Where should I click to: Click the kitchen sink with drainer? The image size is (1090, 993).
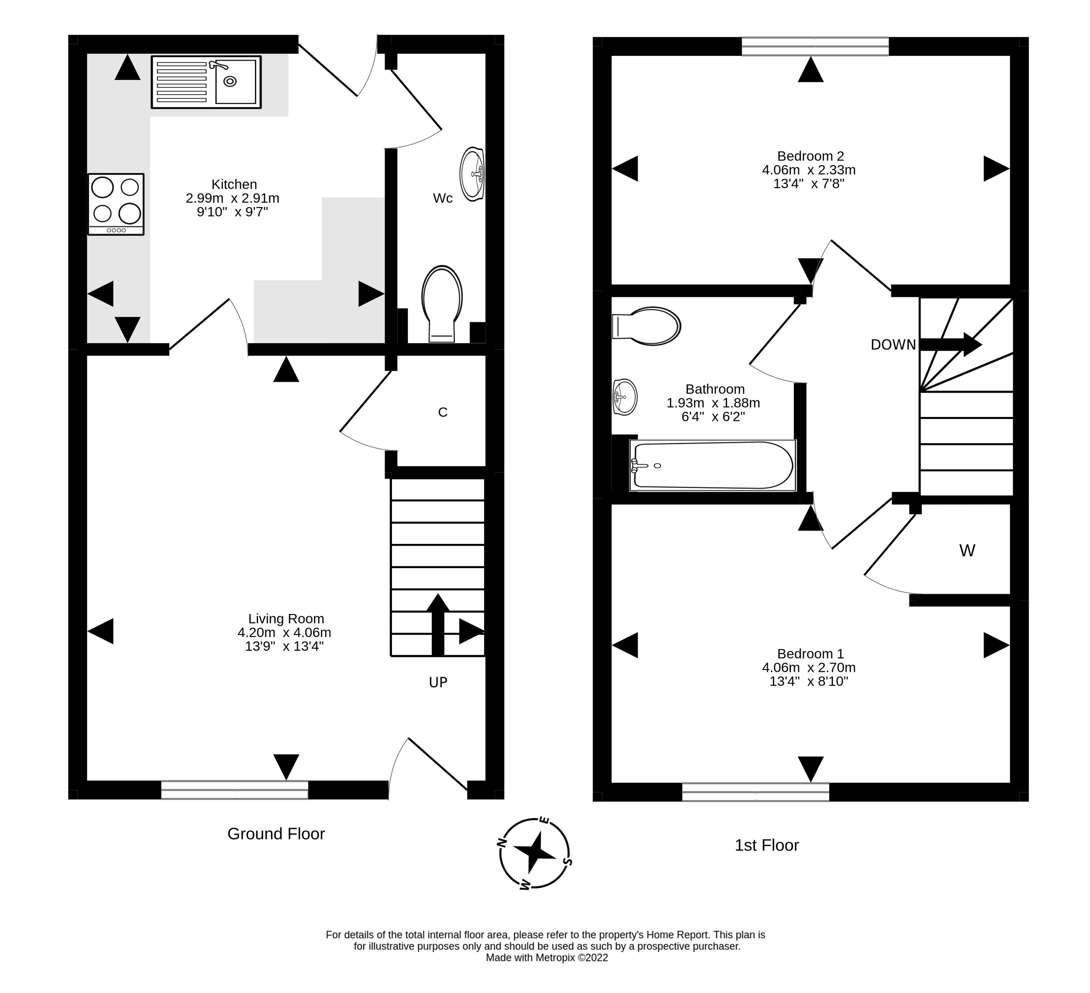(206, 82)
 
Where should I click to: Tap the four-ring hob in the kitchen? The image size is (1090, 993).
(116, 204)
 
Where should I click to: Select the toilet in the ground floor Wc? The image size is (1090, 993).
(442, 303)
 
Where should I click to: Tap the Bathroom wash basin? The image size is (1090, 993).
(625, 397)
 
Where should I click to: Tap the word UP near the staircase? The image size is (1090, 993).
(438, 682)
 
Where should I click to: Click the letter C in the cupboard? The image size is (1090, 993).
(443, 413)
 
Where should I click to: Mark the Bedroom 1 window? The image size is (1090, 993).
(755, 792)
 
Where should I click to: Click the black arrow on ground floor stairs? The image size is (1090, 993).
(438, 624)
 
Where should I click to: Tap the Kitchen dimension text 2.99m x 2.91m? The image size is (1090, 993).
(233, 198)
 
